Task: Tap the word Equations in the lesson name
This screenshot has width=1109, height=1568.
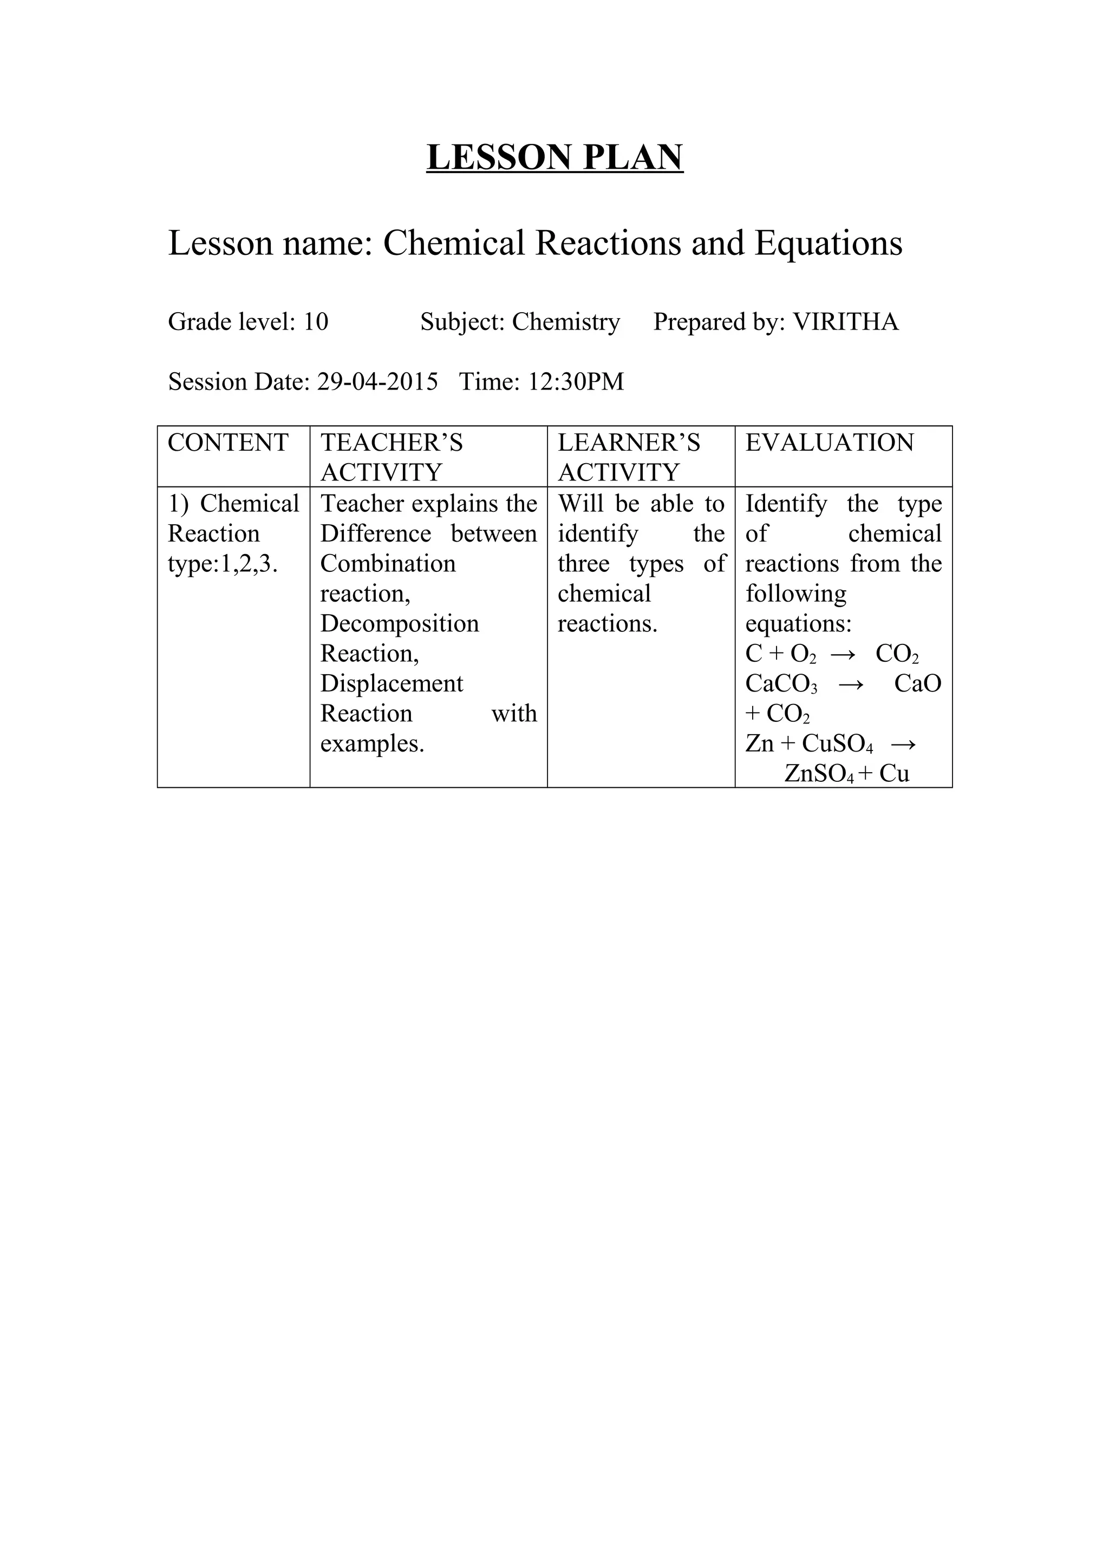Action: (828, 243)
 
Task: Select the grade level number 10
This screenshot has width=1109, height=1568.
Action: (316, 321)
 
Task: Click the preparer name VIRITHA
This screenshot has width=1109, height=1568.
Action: (845, 321)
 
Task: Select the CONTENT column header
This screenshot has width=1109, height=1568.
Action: (228, 443)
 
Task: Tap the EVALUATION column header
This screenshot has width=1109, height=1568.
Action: (829, 443)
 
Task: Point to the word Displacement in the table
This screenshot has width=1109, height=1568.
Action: (392, 683)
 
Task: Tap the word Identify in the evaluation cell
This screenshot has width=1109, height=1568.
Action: (786, 504)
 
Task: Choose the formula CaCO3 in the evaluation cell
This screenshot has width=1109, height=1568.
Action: (781, 683)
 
